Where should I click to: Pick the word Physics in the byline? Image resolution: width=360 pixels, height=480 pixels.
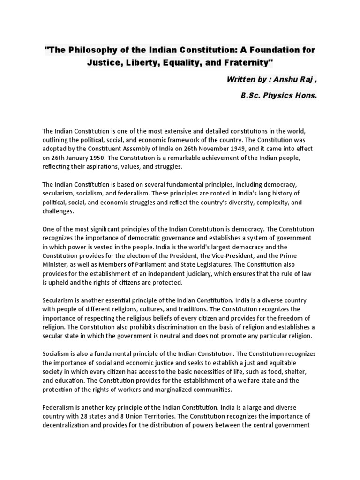277,95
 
